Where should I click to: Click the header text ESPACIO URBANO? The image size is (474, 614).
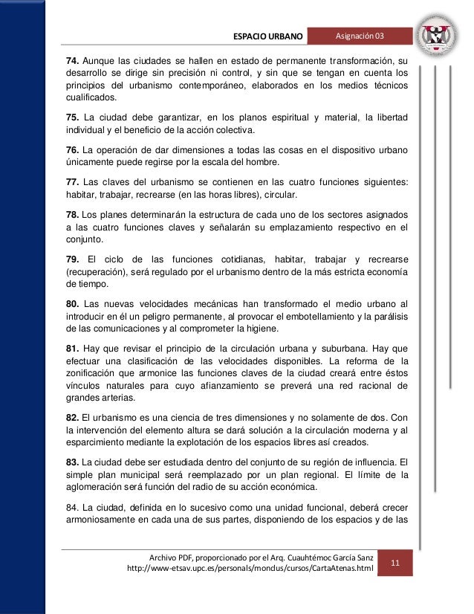(x=268, y=36)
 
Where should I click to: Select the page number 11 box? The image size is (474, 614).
(x=395, y=562)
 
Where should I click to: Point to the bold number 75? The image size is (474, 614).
(x=73, y=117)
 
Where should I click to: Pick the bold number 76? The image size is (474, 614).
(x=73, y=151)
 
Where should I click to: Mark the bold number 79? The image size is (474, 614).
(x=73, y=259)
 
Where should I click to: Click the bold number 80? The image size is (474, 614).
(x=73, y=304)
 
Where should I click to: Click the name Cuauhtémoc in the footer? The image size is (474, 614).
(x=293, y=555)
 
